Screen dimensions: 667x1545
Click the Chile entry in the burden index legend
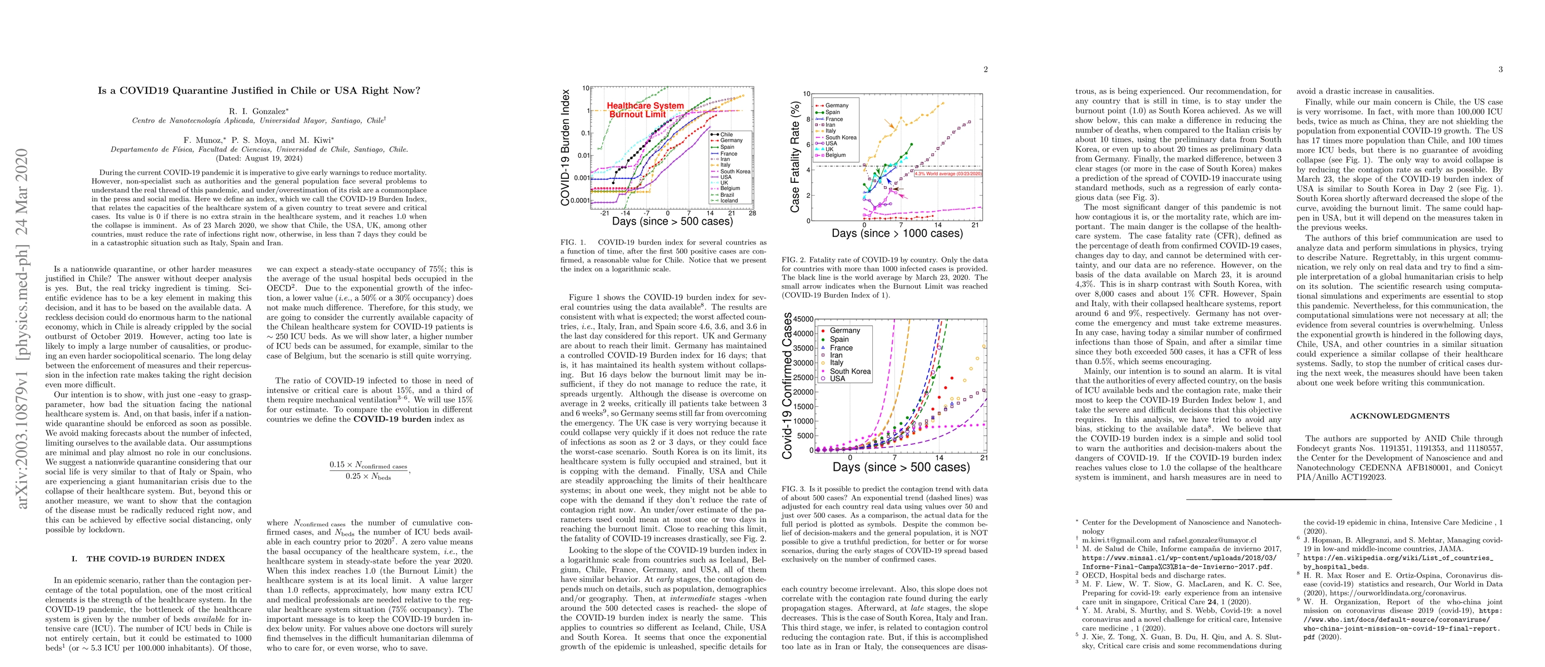coord(726,135)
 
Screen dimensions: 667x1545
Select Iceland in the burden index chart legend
coord(729,200)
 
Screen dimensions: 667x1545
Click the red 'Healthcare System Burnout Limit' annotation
coord(644,109)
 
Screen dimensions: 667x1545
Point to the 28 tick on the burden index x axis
coord(752,213)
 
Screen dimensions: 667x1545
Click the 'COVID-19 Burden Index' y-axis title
coord(565,147)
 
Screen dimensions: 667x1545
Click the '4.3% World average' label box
coord(948,173)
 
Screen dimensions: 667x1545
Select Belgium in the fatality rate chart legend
coord(835,155)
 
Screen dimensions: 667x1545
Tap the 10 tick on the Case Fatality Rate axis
coord(807,93)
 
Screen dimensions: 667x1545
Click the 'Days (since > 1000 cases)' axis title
coord(897,233)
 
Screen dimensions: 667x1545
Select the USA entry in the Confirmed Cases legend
coord(837,379)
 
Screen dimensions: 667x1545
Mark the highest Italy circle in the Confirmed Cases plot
coord(984,346)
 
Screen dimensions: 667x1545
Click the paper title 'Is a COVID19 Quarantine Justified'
coord(259,91)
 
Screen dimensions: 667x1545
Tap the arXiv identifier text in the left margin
coord(22,328)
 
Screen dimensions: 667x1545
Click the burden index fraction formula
coord(368,470)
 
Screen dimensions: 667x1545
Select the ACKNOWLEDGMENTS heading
coord(1399,416)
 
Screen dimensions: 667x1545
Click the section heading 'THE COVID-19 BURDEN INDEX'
coord(156,559)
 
